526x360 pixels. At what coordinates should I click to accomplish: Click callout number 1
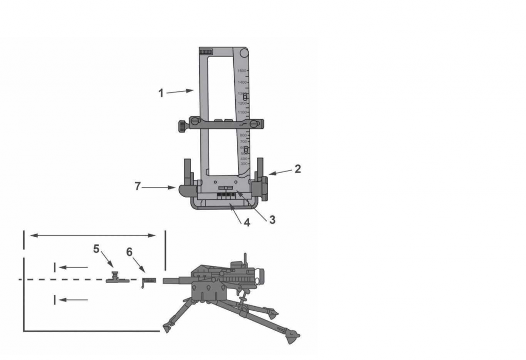(161, 93)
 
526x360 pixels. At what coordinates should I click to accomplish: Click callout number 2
(297, 168)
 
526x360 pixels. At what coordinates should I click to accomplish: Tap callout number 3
(272, 219)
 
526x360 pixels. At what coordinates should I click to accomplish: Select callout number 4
(247, 223)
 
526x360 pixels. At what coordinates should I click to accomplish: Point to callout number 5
(97, 249)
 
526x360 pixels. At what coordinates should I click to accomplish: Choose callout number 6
(129, 252)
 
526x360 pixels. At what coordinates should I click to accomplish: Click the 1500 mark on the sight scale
(241, 71)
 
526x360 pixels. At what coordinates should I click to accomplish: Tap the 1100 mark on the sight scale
(241, 112)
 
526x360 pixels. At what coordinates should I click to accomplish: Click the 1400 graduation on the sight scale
(241, 82)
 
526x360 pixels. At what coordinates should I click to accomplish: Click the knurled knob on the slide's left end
(183, 125)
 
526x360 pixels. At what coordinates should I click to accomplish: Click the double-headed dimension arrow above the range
(93, 235)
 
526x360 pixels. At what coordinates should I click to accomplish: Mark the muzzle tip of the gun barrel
(164, 281)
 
